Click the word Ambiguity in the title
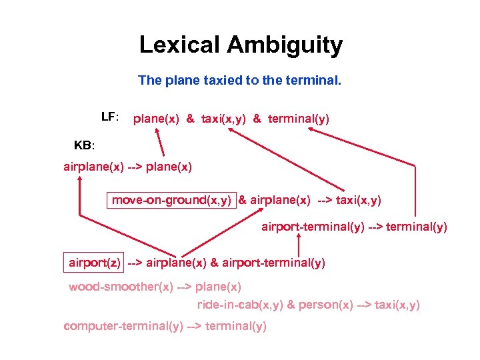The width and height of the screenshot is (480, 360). click(285, 45)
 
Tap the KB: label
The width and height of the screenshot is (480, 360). click(85, 145)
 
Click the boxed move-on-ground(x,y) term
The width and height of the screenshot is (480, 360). click(171, 199)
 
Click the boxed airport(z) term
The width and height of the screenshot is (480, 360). click(95, 262)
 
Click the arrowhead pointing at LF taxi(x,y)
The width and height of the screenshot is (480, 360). click(230, 131)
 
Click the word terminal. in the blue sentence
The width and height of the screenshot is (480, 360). click(315, 81)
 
